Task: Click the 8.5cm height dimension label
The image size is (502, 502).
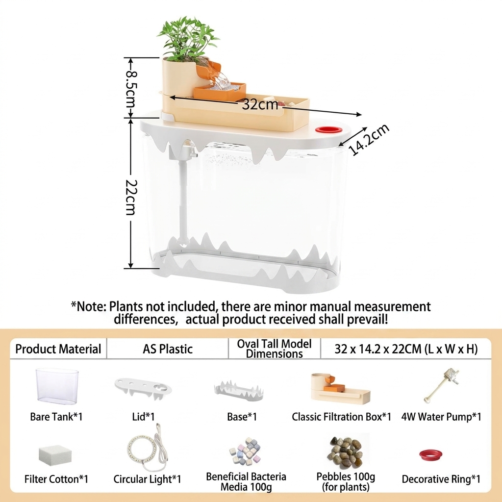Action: coord(130,88)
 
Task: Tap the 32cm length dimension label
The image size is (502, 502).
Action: coord(260,104)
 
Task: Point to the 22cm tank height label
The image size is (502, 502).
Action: coord(131,197)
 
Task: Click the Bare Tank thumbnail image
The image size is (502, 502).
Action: coord(57,385)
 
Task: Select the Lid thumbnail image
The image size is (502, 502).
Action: coord(143,388)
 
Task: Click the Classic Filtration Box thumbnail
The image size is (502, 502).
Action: coord(340,387)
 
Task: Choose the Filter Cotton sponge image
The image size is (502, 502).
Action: coord(55,455)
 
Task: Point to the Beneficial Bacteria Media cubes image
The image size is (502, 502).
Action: coord(245,451)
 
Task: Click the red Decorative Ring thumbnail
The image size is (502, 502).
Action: coord(431,454)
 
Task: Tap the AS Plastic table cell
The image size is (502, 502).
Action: coord(168,349)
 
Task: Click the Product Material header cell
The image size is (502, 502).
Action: coord(58,349)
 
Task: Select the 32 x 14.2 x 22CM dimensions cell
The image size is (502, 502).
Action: coord(406,349)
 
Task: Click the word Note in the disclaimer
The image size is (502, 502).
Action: coord(92,306)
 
